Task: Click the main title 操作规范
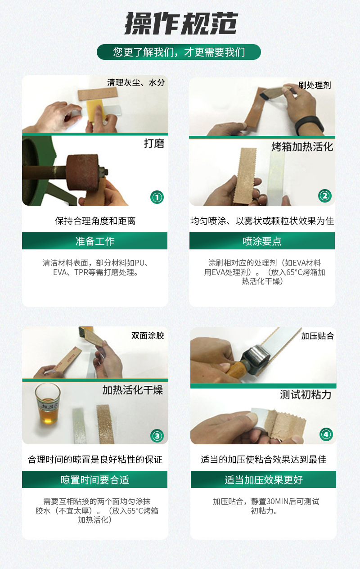[x=180, y=23]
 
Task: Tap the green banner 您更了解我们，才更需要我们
[x=179, y=52]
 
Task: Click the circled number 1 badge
[x=157, y=197]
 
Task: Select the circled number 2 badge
[x=324, y=195]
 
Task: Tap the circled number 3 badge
[x=157, y=435]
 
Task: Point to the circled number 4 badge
[x=326, y=434]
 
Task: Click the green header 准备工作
[x=94, y=241]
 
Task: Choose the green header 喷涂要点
[x=262, y=241]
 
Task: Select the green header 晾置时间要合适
[x=94, y=480]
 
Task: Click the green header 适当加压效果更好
[x=263, y=480]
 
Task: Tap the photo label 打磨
[x=153, y=144]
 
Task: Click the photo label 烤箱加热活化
[x=302, y=147]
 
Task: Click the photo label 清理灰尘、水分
[x=136, y=83]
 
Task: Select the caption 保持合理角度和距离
[x=95, y=221]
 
